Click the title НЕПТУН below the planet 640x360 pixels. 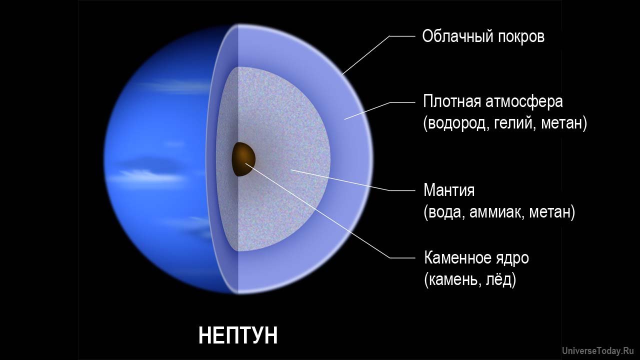click(x=238, y=335)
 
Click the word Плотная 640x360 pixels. click(x=452, y=101)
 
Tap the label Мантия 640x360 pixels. click(x=449, y=190)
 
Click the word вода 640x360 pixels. click(x=445, y=212)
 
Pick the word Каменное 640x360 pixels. click(x=456, y=258)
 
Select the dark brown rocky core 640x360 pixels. click(x=243, y=159)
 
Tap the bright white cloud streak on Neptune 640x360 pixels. click(x=150, y=175)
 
